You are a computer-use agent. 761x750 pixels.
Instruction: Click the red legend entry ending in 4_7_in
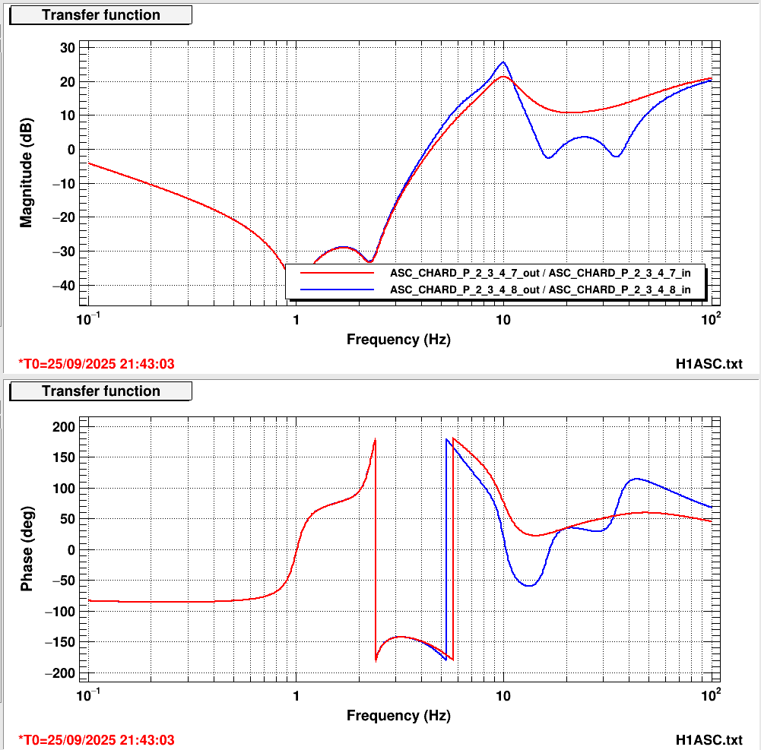[540, 271]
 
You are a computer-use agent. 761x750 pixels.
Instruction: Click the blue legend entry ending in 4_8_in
[540, 290]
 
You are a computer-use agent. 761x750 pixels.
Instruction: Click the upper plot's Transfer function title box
[100, 15]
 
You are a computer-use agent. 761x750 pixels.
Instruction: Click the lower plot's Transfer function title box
[100, 391]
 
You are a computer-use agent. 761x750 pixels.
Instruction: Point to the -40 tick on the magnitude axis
[65, 285]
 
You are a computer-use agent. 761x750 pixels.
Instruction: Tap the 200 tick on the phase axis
[63, 427]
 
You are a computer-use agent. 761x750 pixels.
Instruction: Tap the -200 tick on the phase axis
[60, 673]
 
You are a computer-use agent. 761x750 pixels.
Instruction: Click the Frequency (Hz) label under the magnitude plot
[398, 340]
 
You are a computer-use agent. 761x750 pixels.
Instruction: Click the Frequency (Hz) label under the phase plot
[398, 716]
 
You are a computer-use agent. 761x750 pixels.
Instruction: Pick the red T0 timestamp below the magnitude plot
[96, 364]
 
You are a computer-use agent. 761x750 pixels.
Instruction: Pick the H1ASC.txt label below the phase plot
[709, 740]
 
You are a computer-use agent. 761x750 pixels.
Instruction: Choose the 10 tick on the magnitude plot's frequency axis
[503, 319]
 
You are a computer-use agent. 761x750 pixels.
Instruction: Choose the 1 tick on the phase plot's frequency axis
[296, 695]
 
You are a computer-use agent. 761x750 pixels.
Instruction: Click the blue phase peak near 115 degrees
[636, 479]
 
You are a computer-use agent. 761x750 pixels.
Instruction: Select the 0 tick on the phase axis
[71, 550]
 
